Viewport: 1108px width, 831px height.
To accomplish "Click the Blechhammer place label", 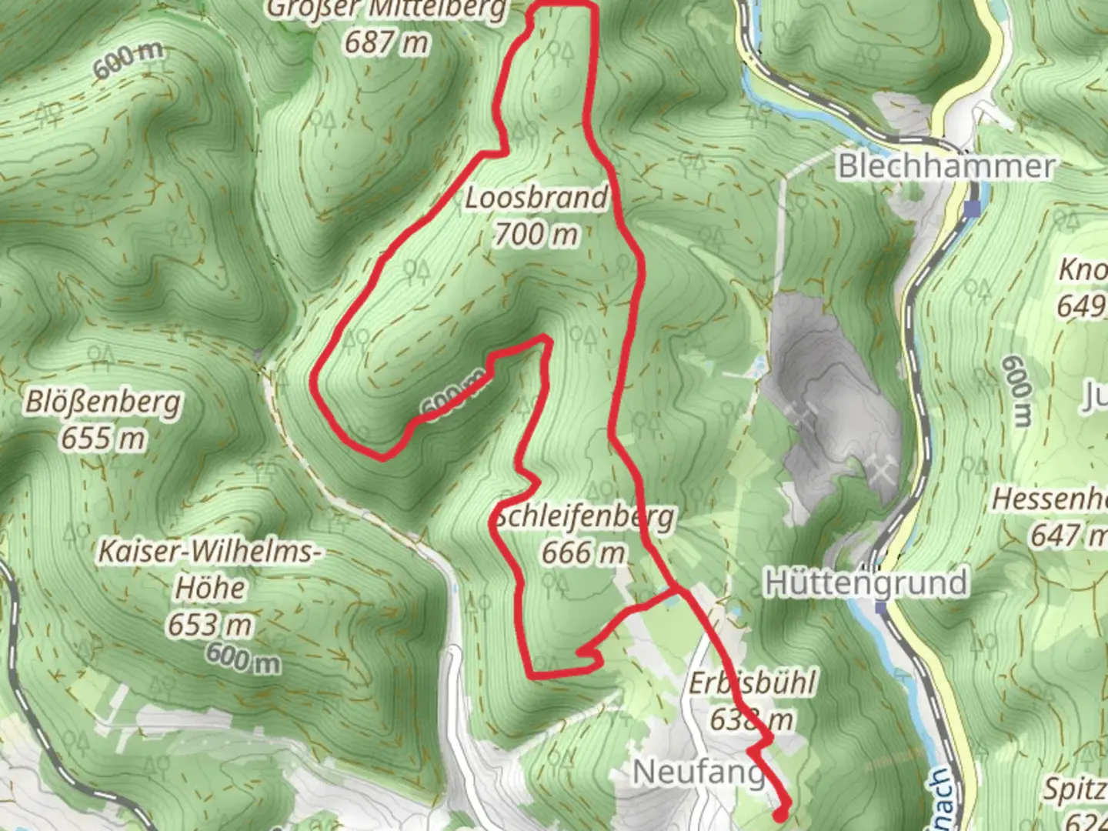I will [946, 166].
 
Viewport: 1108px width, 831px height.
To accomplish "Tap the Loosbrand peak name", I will [536, 198].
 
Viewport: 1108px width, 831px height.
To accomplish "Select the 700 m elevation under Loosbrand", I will [536, 233].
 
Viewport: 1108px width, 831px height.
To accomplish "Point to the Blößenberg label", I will [104, 402].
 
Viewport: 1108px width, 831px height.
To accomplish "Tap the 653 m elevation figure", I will [210, 625].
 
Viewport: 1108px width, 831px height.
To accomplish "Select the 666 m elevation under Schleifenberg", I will [583, 552].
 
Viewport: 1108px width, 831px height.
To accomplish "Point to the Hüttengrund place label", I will [866, 582].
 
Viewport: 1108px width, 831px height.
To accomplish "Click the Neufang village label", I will [698, 772].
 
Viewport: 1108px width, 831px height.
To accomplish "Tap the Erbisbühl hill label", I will [752, 683].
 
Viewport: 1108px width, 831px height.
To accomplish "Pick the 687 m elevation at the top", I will [386, 42].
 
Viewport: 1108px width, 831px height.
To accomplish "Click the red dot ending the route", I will [781, 813].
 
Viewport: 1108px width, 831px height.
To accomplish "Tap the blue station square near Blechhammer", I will [974, 209].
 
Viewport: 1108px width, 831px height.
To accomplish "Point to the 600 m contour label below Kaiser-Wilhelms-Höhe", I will [243, 658].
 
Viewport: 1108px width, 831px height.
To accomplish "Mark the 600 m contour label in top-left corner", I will [128, 60].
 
